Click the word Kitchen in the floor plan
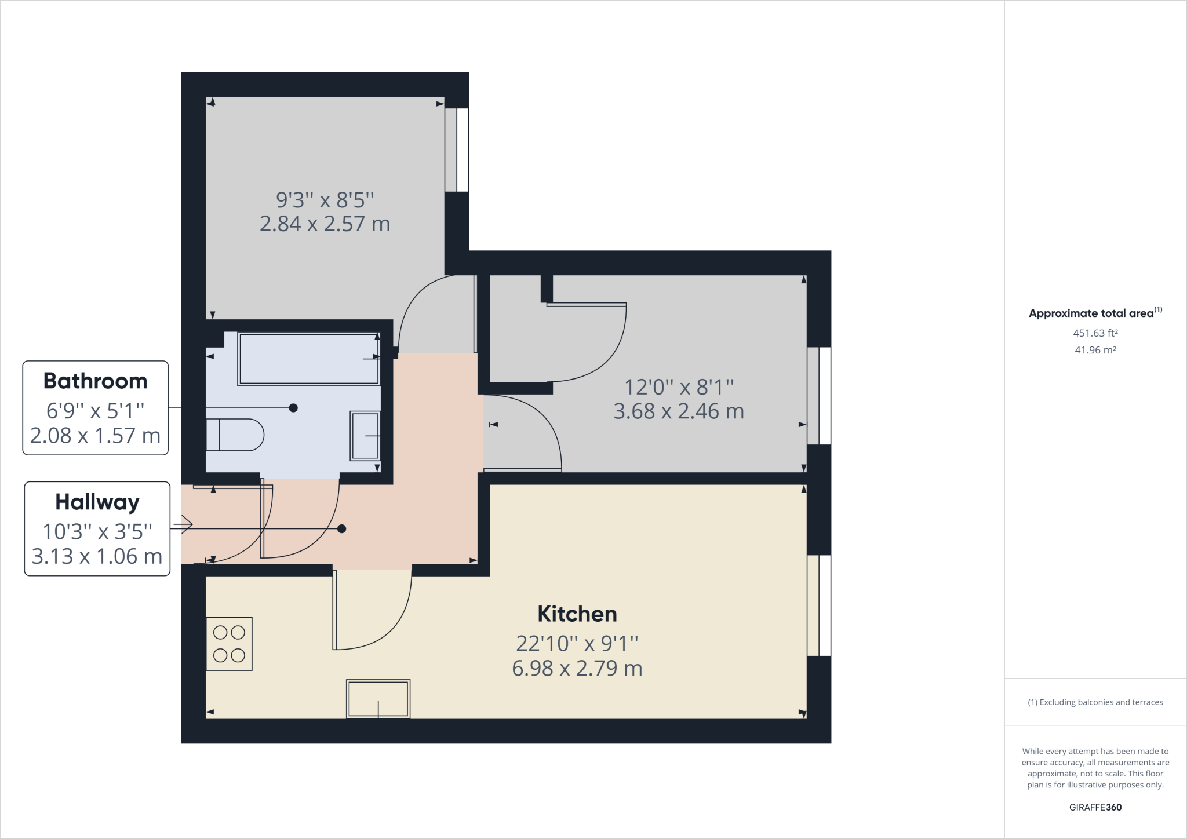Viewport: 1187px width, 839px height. (577, 614)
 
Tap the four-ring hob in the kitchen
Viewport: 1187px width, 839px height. (230, 644)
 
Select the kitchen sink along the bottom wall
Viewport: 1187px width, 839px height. (378, 699)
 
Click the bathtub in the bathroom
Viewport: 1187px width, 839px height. (309, 359)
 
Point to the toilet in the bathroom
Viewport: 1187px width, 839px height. (235, 435)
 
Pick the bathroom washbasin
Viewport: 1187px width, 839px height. (365, 436)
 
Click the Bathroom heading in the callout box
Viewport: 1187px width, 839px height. (96, 381)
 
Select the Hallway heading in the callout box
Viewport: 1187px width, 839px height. (97, 502)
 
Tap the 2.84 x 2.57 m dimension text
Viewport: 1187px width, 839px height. (325, 224)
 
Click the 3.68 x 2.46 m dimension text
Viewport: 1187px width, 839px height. (679, 411)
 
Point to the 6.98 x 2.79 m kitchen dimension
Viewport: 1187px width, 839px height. (577, 669)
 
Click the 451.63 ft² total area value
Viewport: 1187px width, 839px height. (1095, 333)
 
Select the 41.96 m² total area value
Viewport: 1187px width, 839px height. (1095, 350)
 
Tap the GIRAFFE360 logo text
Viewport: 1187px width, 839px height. (1095, 807)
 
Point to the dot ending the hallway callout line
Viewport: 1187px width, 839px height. (342, 528)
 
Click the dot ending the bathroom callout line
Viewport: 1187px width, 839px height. (293, 408)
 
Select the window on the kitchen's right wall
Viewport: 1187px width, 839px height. (819, 605)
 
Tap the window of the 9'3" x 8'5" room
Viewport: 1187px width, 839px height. (457, 150)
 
